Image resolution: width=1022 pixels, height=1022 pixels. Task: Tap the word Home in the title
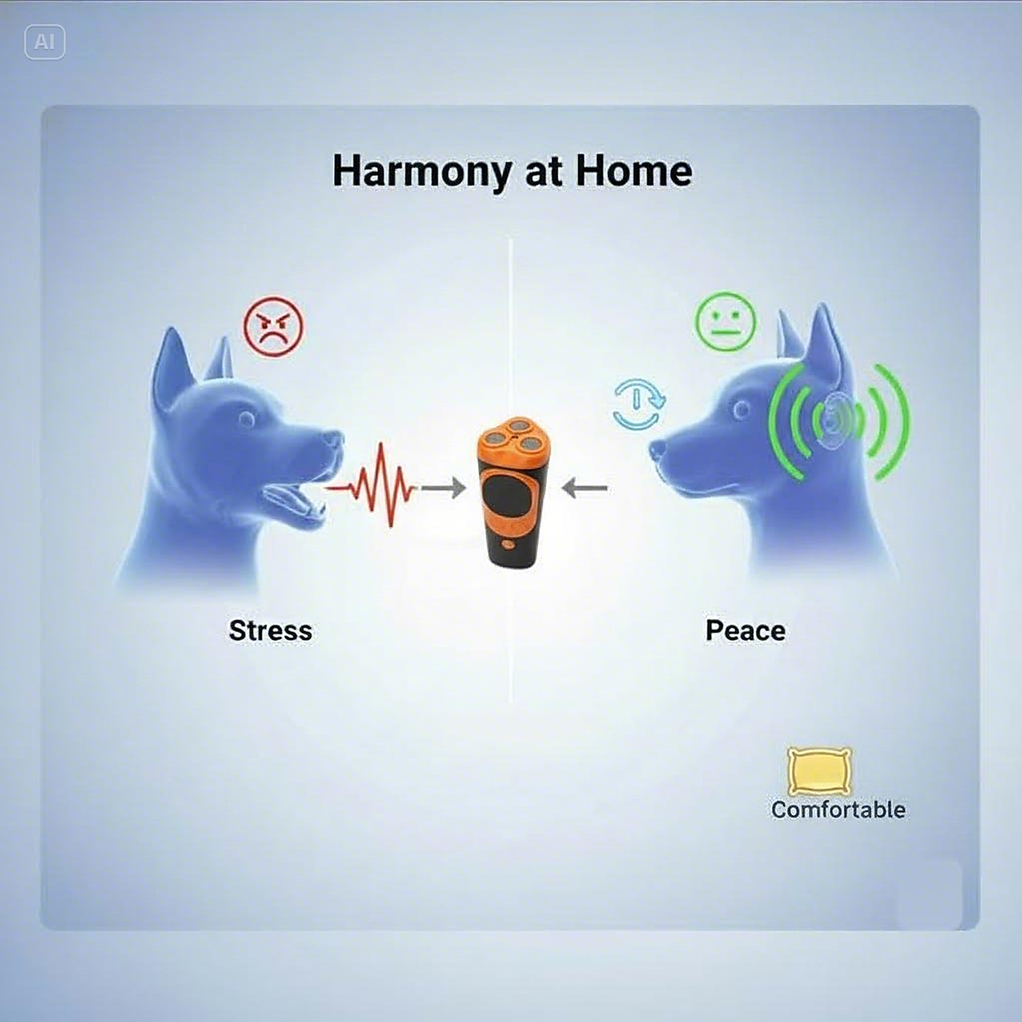634,171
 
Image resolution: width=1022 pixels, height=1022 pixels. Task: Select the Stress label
270,631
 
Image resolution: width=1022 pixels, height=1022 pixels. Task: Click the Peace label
746,631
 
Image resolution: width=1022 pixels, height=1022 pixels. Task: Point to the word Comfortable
838,809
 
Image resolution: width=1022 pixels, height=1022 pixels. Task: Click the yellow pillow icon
819,772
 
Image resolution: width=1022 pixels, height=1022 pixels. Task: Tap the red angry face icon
273,326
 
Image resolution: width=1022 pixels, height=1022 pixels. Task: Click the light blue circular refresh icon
639,404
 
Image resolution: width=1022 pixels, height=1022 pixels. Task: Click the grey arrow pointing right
443,488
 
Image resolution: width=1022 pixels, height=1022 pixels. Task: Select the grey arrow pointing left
584,488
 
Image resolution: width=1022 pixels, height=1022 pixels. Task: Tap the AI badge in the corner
45,42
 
